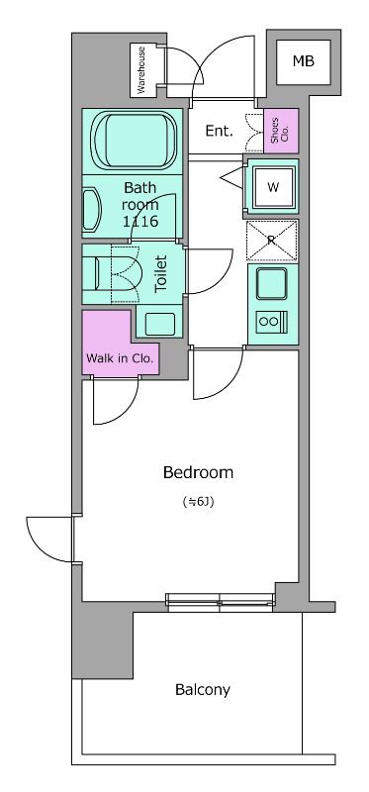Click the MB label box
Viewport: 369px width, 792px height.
coord(304,61)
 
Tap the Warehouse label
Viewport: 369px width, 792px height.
coord(141,69)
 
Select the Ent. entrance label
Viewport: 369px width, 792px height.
coord(219,132)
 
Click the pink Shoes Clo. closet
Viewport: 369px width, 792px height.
coord(281,131)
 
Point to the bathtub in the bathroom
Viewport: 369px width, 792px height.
coord(134,141)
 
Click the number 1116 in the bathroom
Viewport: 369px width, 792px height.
coord(140,221)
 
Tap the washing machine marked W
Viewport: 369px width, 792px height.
coord(273,187)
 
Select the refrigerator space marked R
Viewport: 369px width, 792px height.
coord(272,241)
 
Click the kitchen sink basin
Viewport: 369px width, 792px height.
coord(272,283)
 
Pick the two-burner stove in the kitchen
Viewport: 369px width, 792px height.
coord(272,320)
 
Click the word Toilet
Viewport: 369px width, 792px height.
coord(161,274)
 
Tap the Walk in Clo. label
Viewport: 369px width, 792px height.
coord(120,359)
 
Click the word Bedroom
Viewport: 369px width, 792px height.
coord(198,473)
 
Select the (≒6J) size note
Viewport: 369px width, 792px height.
coord(198,503)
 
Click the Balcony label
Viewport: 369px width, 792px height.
coord(203,689)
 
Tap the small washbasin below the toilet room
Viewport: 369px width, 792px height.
coord(160,324)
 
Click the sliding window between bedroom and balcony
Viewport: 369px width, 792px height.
coord(221,602)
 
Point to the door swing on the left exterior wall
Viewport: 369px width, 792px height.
coord(49,540)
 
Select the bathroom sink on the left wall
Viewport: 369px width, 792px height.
coord(92,210)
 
